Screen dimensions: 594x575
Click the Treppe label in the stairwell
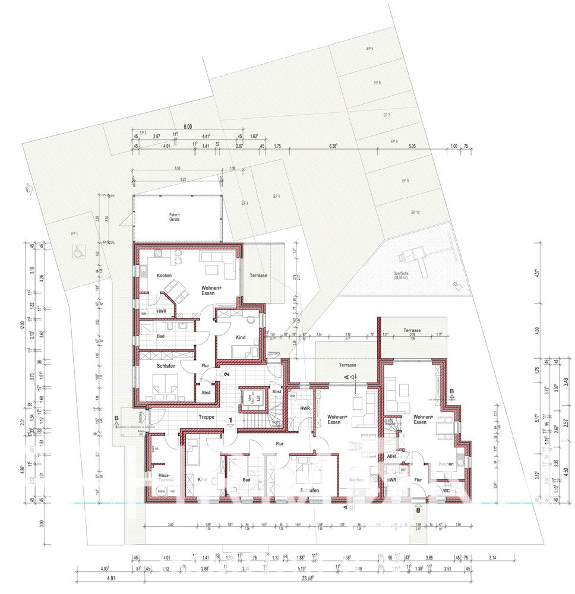click(x=207, y=418)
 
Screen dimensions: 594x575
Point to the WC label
click(x=446, y=491)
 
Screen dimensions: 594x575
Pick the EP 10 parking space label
click(x=415, y=212)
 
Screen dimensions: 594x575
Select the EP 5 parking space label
click(x=369, y=48)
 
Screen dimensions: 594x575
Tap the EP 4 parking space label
click(x=276, y=196)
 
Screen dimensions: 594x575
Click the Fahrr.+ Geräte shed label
click(x=173, y=217)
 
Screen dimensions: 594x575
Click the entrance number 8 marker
click(x=419, y=509)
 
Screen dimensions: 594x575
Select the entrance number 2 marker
click(x=227, y=374)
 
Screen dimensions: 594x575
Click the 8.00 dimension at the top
click(x=188, y=127)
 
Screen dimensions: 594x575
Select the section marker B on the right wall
click(x=452, y=391)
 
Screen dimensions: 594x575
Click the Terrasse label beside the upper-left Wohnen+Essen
click(x=258, y=276)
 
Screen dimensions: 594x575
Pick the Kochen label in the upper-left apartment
click(x=165, y=276)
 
